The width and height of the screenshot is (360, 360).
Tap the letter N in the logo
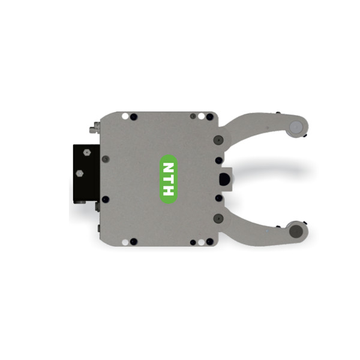(169, 167)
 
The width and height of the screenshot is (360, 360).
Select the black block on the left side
(86, 174)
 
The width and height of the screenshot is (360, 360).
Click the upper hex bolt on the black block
(87, 152)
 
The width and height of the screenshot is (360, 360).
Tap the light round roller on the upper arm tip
(295, 127)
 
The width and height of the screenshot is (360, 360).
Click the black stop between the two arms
(226, 179)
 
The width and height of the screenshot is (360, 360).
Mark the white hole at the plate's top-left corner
(124, 116)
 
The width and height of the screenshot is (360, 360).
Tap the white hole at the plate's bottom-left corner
(124, 242)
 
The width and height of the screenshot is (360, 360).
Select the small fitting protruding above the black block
(94, 128)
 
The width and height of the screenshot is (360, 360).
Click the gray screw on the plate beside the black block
(106, 159)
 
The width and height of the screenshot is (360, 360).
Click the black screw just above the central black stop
(218, 161)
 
